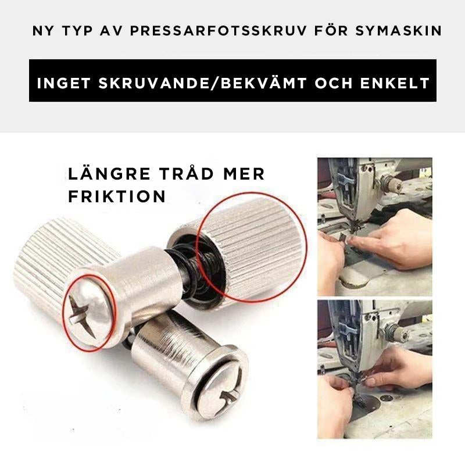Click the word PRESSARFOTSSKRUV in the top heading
pos(218,31)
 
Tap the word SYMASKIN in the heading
pos(399,31)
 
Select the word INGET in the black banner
pos(63,83)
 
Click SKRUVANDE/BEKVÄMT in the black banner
pos(202,83)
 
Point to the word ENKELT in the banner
pos(395,83)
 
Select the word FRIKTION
pos(117,196)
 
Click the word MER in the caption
pos(244,174)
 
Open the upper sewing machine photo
pos(374,227)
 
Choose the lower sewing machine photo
pos(374,369)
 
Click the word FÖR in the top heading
pos(331,30)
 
